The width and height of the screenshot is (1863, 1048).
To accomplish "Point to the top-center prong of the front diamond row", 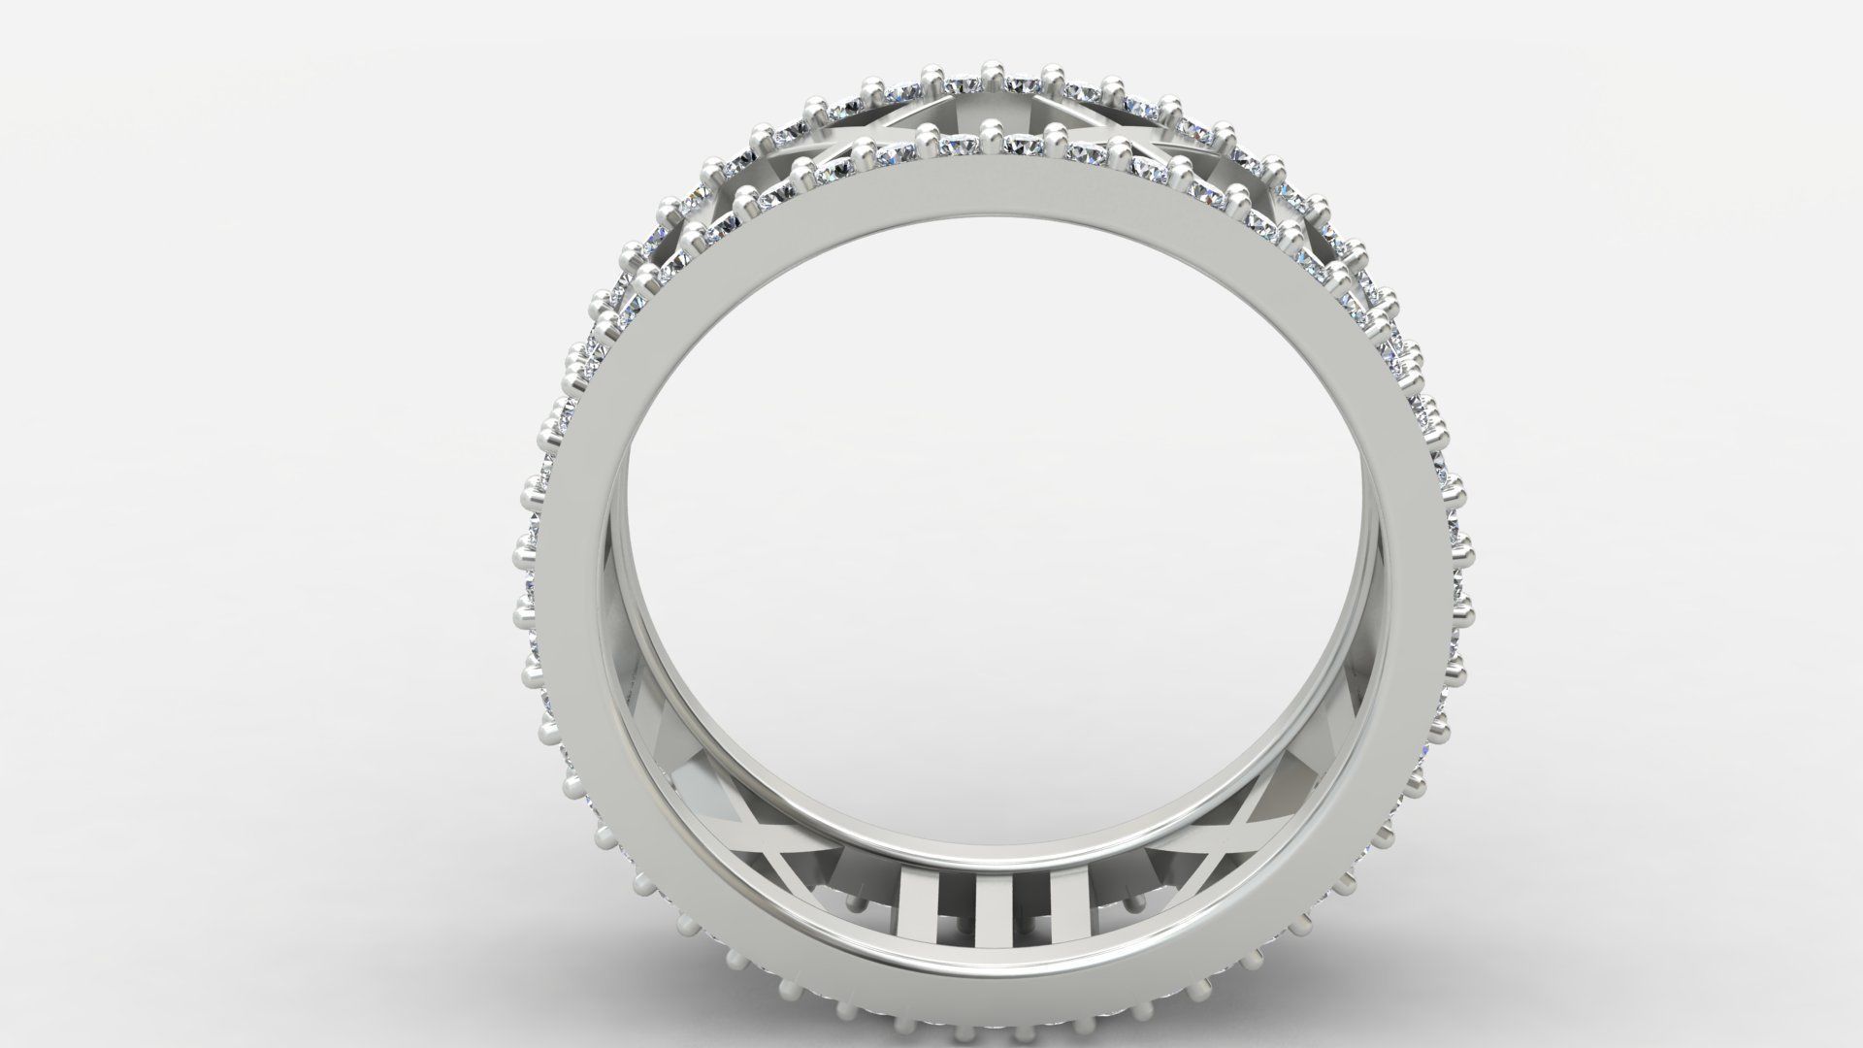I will (992, 130).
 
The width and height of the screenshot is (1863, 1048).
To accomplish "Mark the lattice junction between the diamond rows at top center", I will (992, 107).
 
